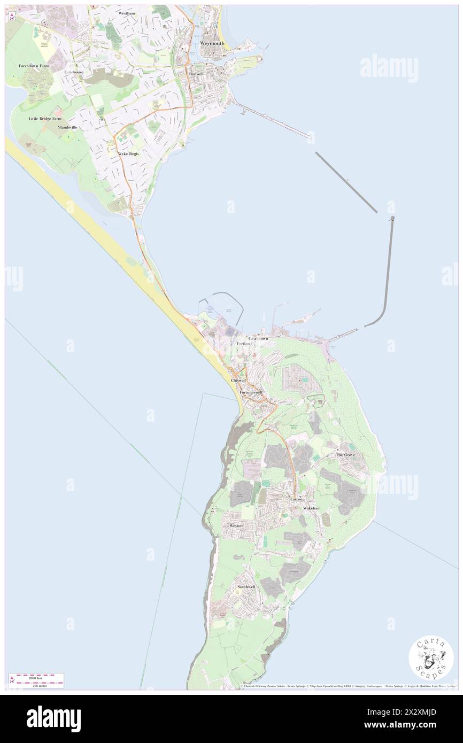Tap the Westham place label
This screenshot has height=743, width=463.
tap(127, 13)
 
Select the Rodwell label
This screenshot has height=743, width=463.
tap(196, 73)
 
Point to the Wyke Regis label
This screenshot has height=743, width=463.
tap(128, 153)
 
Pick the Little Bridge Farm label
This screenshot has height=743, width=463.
tap(45, 119)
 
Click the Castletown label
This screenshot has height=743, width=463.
tap(258, 339)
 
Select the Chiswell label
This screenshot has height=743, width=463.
tap(238, 380)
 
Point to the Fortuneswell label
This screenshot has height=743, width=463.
tap(251, 392)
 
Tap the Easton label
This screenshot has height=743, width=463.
tap(296, 499)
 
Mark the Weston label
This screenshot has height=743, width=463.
tap(236, 525)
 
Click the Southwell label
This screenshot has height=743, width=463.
tap(246, 587)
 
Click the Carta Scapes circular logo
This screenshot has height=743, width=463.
tap(431, 657)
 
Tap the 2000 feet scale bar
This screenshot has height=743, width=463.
tap(36, 676)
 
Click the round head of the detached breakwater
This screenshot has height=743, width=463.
tap(393, 218)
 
